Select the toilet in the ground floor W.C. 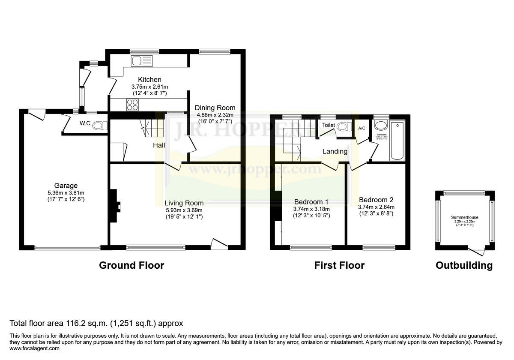point(100,126)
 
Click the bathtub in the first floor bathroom point(397,141)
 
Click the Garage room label point(63,186)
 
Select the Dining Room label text point(215,108)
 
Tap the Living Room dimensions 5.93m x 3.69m point(184,210)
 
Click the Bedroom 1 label point(311,202)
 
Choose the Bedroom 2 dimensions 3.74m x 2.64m point(376,207)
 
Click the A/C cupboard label point(362,128)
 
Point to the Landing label point(335,151)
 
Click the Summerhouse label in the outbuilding point(464,217)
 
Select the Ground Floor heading point(131,265)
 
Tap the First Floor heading point(339,265)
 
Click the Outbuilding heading point(464,265)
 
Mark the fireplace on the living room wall point(115,206)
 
